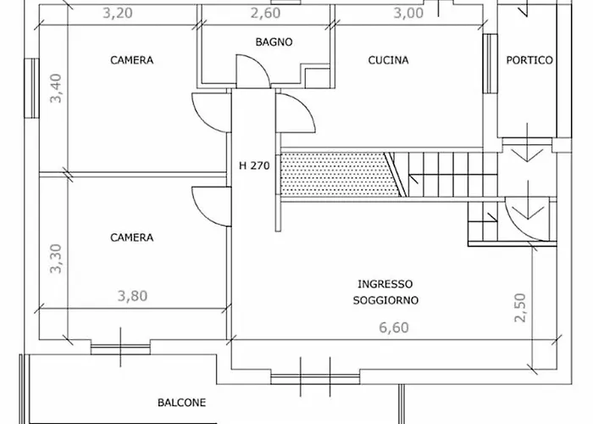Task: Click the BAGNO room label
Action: tap(274, 42)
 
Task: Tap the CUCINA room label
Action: tap(388, 60)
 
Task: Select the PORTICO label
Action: tap(529, 60)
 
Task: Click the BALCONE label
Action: tap(182, 403)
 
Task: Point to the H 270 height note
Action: tap(254, 165)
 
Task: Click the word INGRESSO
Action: tap(385, 284)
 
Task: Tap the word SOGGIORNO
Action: tap(385, 300)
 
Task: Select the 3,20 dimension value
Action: tap(118, 14)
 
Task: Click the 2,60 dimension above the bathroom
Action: tap(265, 14)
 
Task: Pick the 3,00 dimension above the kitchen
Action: tap(408, 14)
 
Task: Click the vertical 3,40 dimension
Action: tap(56, 88)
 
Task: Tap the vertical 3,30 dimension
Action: tap(56, 259)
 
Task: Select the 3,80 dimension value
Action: tap(132, 296)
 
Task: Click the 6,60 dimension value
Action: tap(394, 327)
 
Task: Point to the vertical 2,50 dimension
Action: tap(520, 307)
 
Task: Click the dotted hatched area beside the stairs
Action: tap(337, 175)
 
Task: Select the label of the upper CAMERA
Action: tap(132, 60)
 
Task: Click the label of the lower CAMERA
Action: tap(132, 237)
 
